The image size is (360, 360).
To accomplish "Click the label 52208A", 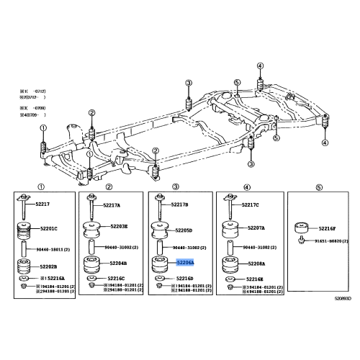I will pyautogui.click(x=256, y=264).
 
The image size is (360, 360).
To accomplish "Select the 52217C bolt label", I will pyautogui.click(x=251, y=206).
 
